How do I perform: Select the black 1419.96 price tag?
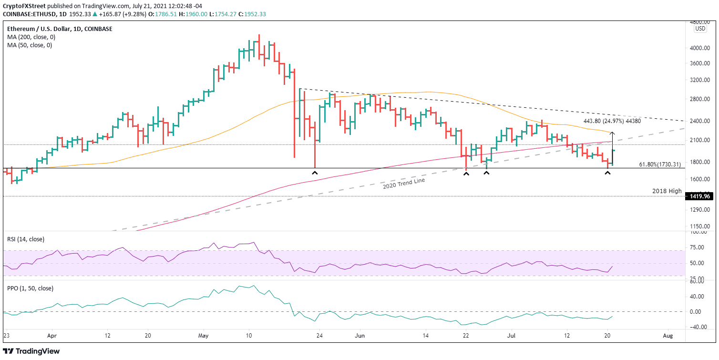[698, 196]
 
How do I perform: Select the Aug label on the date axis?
[668, 336]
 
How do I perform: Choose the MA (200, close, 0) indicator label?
[31, 37]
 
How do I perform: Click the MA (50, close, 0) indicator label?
[30, 45]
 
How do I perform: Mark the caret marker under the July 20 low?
[607, 173]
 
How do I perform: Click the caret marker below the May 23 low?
[315, 173]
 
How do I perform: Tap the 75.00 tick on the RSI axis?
[699, 247]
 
